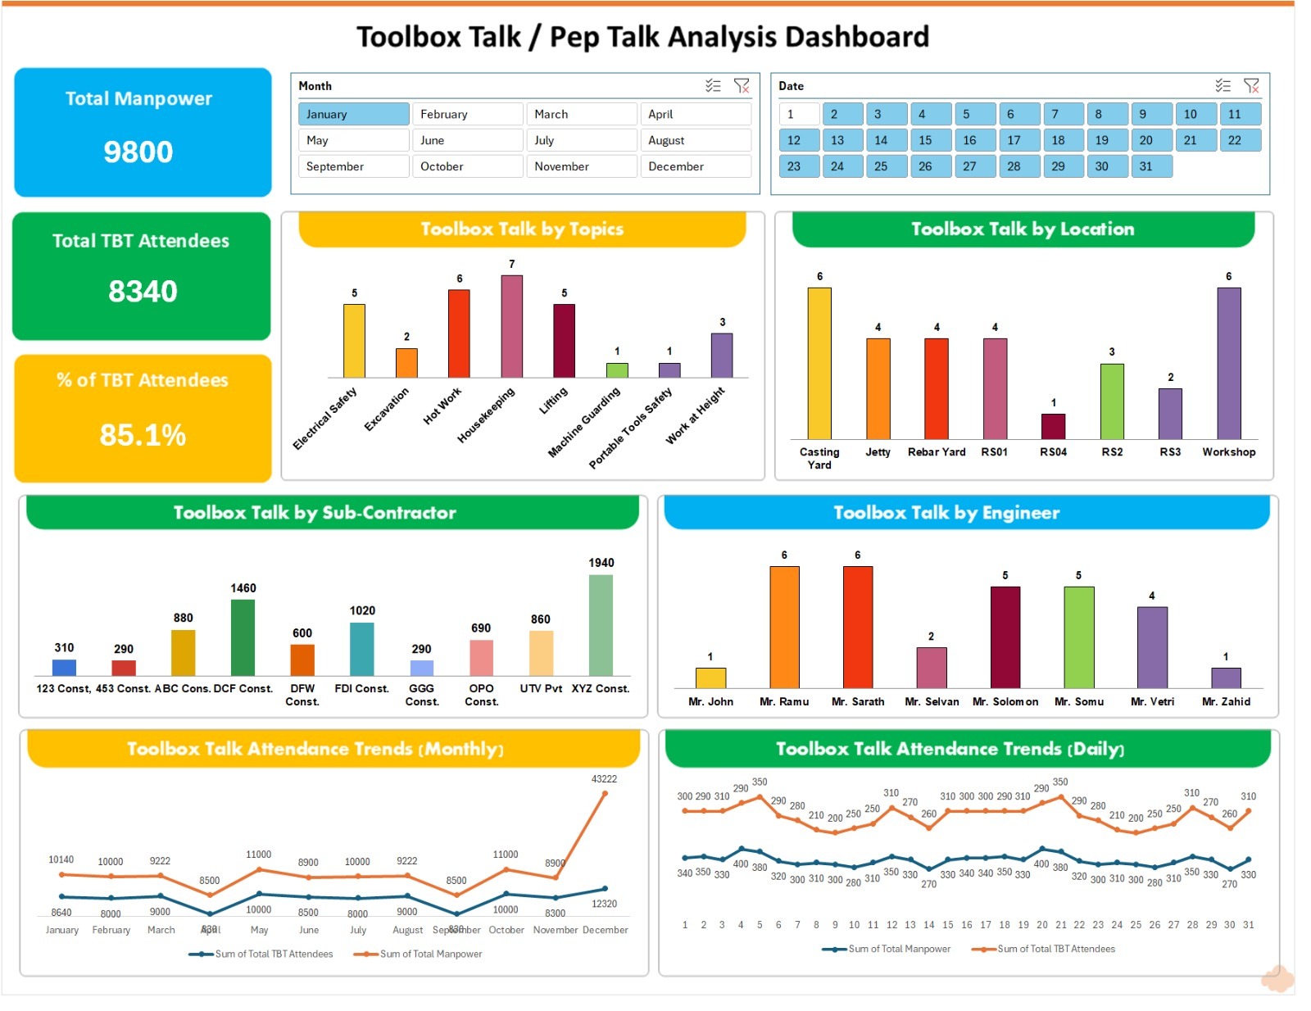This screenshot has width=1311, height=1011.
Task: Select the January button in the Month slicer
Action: tap(353, 114)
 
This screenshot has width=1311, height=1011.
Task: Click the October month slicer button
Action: tap(467, 166)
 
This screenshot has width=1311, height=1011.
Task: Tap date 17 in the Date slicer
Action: tap(1014, 140)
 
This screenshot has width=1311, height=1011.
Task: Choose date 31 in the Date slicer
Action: tap(1145, 166)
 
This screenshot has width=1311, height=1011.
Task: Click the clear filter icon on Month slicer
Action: tap(742, 86)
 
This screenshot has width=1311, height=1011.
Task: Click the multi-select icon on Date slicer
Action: tap(1223, 86)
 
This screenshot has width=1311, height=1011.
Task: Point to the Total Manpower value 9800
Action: tap(138, 152)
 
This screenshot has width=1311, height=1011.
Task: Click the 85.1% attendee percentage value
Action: tap(143, 434)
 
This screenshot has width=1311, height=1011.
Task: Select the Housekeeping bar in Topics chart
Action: tap(511, 326)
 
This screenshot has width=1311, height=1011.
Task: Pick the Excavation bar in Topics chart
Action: tap(406, 363)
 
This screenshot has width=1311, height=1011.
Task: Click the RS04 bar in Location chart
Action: tap(1053, 426)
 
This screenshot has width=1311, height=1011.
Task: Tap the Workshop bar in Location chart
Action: tap(1228, 363)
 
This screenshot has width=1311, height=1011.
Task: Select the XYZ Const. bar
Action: tap(601, 624)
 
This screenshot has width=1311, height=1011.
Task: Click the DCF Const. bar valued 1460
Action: tap(243, 637)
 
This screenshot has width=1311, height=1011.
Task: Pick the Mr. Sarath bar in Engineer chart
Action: tap(857, 627)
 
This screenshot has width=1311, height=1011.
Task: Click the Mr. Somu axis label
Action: tap(1078, 701)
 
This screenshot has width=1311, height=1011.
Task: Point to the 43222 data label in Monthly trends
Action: tap(604, 779)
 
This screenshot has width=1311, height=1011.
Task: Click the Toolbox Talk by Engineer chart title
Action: tap(946, 513)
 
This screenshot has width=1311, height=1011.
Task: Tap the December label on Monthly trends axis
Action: tap(606, 930)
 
